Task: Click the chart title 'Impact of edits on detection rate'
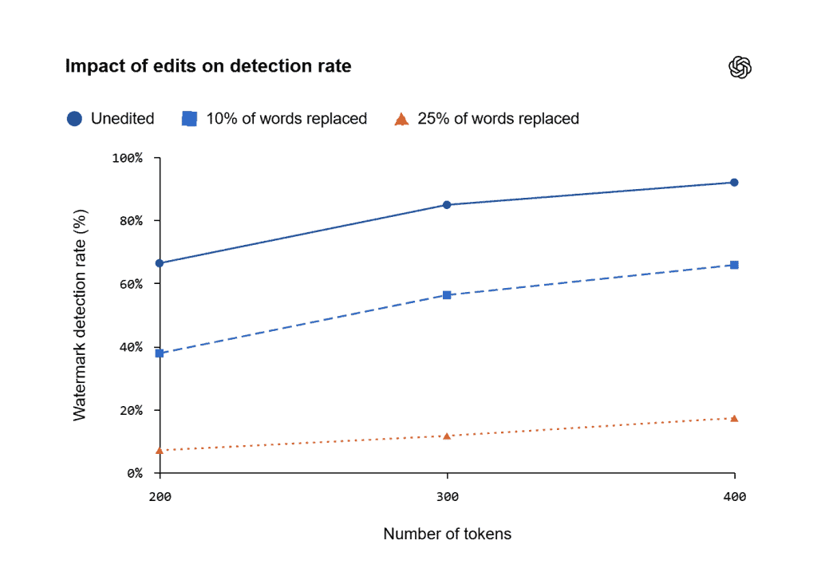tap(208, 66)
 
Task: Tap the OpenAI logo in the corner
tap(740, 67)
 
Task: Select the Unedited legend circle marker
tap(74, 119)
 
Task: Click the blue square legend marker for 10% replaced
tap(189, 119)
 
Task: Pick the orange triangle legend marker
tap(401, 119)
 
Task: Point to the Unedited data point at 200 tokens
tap(160, 263)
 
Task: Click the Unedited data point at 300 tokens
tap(447, 205)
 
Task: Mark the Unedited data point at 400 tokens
tap(734, 182)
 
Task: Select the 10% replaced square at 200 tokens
tap(160, 353)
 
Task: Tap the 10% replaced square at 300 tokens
tap(447, 294)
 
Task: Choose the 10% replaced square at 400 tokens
tap(734, 265)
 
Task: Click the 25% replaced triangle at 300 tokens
tap(447, 436)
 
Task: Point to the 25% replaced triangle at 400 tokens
tap(734, 418)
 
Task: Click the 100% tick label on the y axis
tap(127, 158)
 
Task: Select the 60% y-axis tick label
tap(131, 284)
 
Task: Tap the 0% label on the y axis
tap(134, 473)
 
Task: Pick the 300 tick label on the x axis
tap(447, 497)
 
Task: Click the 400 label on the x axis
tap(734, 497)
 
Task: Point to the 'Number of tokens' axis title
tap(447, 534)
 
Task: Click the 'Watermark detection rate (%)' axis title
tap(80, 315)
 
